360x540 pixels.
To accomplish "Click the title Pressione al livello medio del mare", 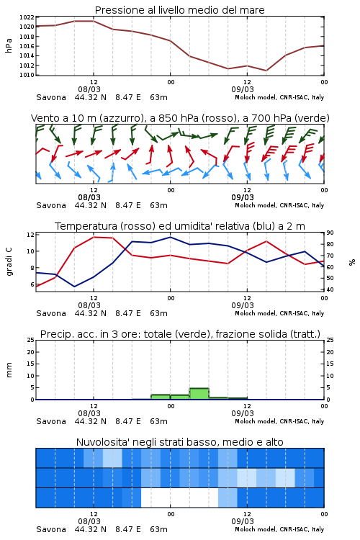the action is click(x=179, y=10).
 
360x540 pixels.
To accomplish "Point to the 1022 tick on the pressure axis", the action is click(x=27, y=17).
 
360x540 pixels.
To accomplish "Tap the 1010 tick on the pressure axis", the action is click(x=27, y=75).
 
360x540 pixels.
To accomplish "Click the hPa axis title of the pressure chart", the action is click(x=9, y=45).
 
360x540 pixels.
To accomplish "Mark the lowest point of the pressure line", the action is click(x=266, y=71).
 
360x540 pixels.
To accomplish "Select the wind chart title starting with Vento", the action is click(x=180, y=118).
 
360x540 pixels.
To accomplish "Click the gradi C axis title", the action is click(x=9, y=262).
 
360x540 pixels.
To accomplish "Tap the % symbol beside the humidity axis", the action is click(x=352, y=262).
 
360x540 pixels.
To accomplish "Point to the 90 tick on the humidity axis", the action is click(x=330, y=233).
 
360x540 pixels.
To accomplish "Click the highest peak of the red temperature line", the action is click(x=94, y=237).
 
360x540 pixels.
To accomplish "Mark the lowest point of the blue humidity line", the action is click(x=74, y=287).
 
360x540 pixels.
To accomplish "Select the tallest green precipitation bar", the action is click(x=199, y=394).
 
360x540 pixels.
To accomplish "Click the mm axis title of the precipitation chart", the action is click(x=9, y=370).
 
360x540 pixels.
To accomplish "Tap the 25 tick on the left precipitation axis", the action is click(x=31, y=340).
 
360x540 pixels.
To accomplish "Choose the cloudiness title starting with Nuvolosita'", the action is click(x=179, y=442).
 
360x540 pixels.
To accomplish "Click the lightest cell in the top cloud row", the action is click(x=112, y=458).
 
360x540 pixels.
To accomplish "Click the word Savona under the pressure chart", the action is click(x=51, y=97).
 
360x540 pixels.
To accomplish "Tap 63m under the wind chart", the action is click(x=159, y=206).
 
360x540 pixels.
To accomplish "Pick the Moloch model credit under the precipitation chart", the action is click(x=279, y=421).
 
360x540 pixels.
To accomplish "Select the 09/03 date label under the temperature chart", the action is click(x=243, y=305).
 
